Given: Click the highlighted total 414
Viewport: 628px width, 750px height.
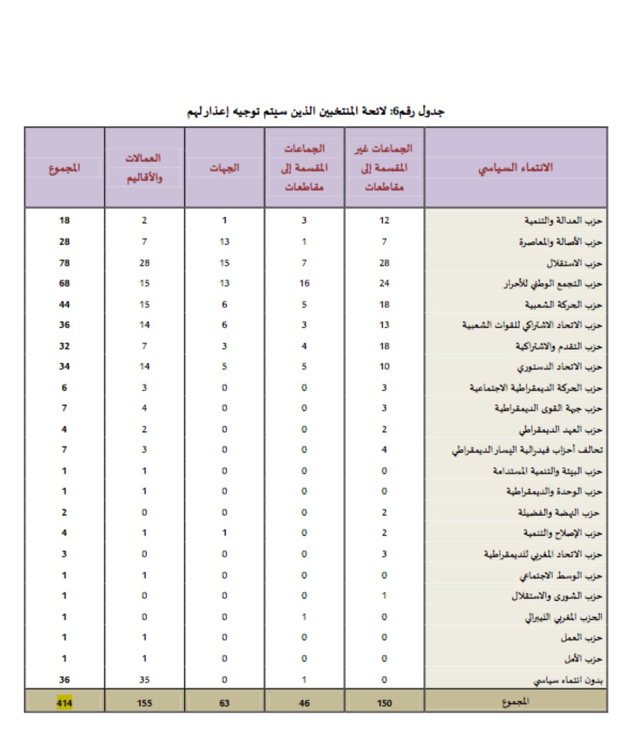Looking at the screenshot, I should (65, 703).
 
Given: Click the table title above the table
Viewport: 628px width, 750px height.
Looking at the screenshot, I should (316, 112).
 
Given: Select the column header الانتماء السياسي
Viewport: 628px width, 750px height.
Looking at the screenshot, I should (516, 168).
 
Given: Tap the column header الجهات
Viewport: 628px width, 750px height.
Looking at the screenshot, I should (224, 168).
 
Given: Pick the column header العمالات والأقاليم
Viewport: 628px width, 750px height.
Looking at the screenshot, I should (144, 168).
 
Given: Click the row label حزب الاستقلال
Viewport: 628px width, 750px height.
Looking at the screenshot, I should (574, 263).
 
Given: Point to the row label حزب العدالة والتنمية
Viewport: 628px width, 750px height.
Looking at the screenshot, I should (563, 221).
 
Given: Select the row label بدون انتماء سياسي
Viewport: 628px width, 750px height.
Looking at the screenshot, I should (568, 680).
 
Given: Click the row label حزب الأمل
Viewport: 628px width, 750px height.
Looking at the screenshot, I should (583, 659).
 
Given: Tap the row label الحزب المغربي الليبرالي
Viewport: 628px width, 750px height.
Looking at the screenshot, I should (563, 617).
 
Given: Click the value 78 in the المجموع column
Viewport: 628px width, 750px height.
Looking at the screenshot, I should (65, 263).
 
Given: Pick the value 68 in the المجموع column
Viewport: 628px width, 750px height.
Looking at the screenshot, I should (65, 284).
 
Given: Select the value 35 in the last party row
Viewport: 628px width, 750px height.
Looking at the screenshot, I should (144, 680).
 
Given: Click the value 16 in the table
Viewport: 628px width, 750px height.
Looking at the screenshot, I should (304, 284).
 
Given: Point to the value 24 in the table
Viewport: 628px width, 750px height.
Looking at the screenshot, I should (384, 284).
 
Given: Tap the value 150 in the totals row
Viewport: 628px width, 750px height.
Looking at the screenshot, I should (384, 703).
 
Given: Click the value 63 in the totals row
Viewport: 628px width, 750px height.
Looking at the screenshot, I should (224, 703).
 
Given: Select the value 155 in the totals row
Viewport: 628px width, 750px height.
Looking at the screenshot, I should (144, 703).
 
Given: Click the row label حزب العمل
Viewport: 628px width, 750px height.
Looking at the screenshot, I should (581, 638).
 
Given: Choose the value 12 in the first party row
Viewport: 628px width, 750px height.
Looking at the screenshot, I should (384, 221).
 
